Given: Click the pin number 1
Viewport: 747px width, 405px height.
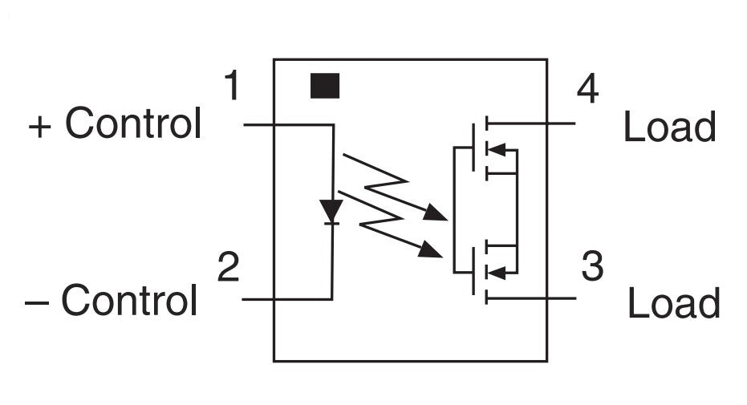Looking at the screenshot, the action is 233,85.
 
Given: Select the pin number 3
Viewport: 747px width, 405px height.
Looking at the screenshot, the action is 593,265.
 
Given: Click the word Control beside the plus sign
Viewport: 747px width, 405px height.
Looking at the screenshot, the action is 133,123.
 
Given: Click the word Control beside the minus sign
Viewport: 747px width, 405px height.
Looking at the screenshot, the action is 129,299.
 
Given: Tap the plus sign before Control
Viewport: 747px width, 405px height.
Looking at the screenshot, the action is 39,127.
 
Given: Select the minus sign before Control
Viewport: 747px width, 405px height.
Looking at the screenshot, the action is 37,302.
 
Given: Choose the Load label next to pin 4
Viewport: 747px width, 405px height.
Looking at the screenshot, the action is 669,126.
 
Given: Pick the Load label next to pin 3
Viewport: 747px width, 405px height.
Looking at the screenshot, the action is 674,302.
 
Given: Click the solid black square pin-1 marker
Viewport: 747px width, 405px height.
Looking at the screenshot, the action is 325,86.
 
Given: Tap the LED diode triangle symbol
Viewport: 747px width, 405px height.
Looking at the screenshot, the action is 331,212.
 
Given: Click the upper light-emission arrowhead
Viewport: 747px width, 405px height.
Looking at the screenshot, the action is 435,213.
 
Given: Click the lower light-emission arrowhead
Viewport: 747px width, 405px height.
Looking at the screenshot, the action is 430,249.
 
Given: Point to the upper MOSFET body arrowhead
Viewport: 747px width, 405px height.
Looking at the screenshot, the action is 496,149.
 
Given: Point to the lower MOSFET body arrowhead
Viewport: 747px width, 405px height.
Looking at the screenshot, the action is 496,273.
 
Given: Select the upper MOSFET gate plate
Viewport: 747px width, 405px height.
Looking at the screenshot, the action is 473,148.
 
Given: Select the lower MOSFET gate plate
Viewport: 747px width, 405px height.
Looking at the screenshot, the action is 473,271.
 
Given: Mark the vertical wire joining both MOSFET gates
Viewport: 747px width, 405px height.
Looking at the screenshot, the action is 454,210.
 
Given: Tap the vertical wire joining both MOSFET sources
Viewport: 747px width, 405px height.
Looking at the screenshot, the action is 517,211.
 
